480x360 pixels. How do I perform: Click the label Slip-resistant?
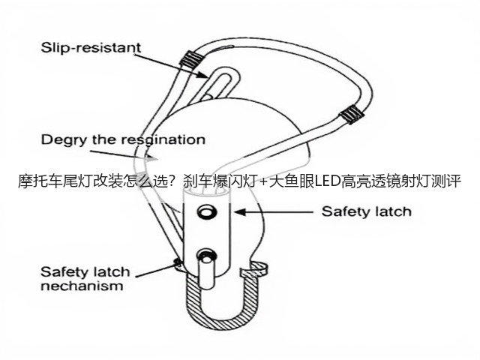coord(91,48)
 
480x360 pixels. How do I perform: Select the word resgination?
coord(163,140)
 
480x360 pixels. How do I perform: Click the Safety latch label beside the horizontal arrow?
coord(367,211)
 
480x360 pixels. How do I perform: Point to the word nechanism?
coord(82,286)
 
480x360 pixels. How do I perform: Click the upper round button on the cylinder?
coord(207,211)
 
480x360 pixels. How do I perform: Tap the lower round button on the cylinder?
coord(207,256)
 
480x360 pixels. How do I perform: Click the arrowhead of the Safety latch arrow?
coord(240,211)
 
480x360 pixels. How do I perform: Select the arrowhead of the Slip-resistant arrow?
coord(202,74)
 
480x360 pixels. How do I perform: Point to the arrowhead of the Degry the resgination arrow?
coord(151,158)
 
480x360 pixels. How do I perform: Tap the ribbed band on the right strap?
coord(352,115)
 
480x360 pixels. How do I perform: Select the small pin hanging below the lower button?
coord(206,273)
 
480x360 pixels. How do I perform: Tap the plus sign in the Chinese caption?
coord(262,181)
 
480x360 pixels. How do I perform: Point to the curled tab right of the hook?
coord(255,270)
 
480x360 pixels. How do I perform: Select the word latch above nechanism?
coord(112,271)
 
